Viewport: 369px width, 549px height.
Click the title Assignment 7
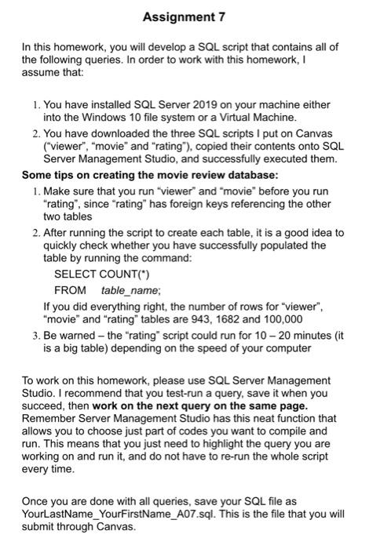[184, 17]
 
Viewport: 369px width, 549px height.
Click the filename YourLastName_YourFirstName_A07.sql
[128, 515]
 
